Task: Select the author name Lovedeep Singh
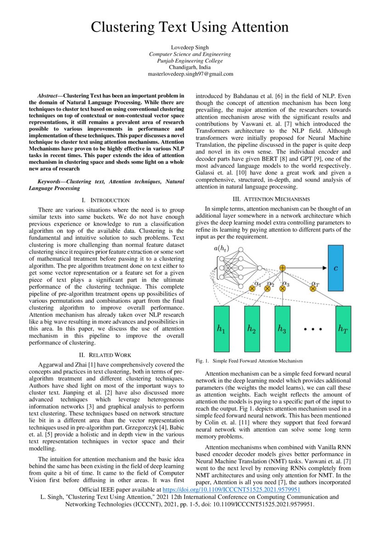[x=190, y=47]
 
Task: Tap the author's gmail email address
[x=190, y=74]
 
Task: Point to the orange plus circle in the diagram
[x=283, y=268]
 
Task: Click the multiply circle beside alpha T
[x=313, y=289]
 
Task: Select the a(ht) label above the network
[x=221, y=249]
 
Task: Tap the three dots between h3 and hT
[x=312, y=330]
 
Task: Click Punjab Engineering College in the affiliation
[x=190, y=61]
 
